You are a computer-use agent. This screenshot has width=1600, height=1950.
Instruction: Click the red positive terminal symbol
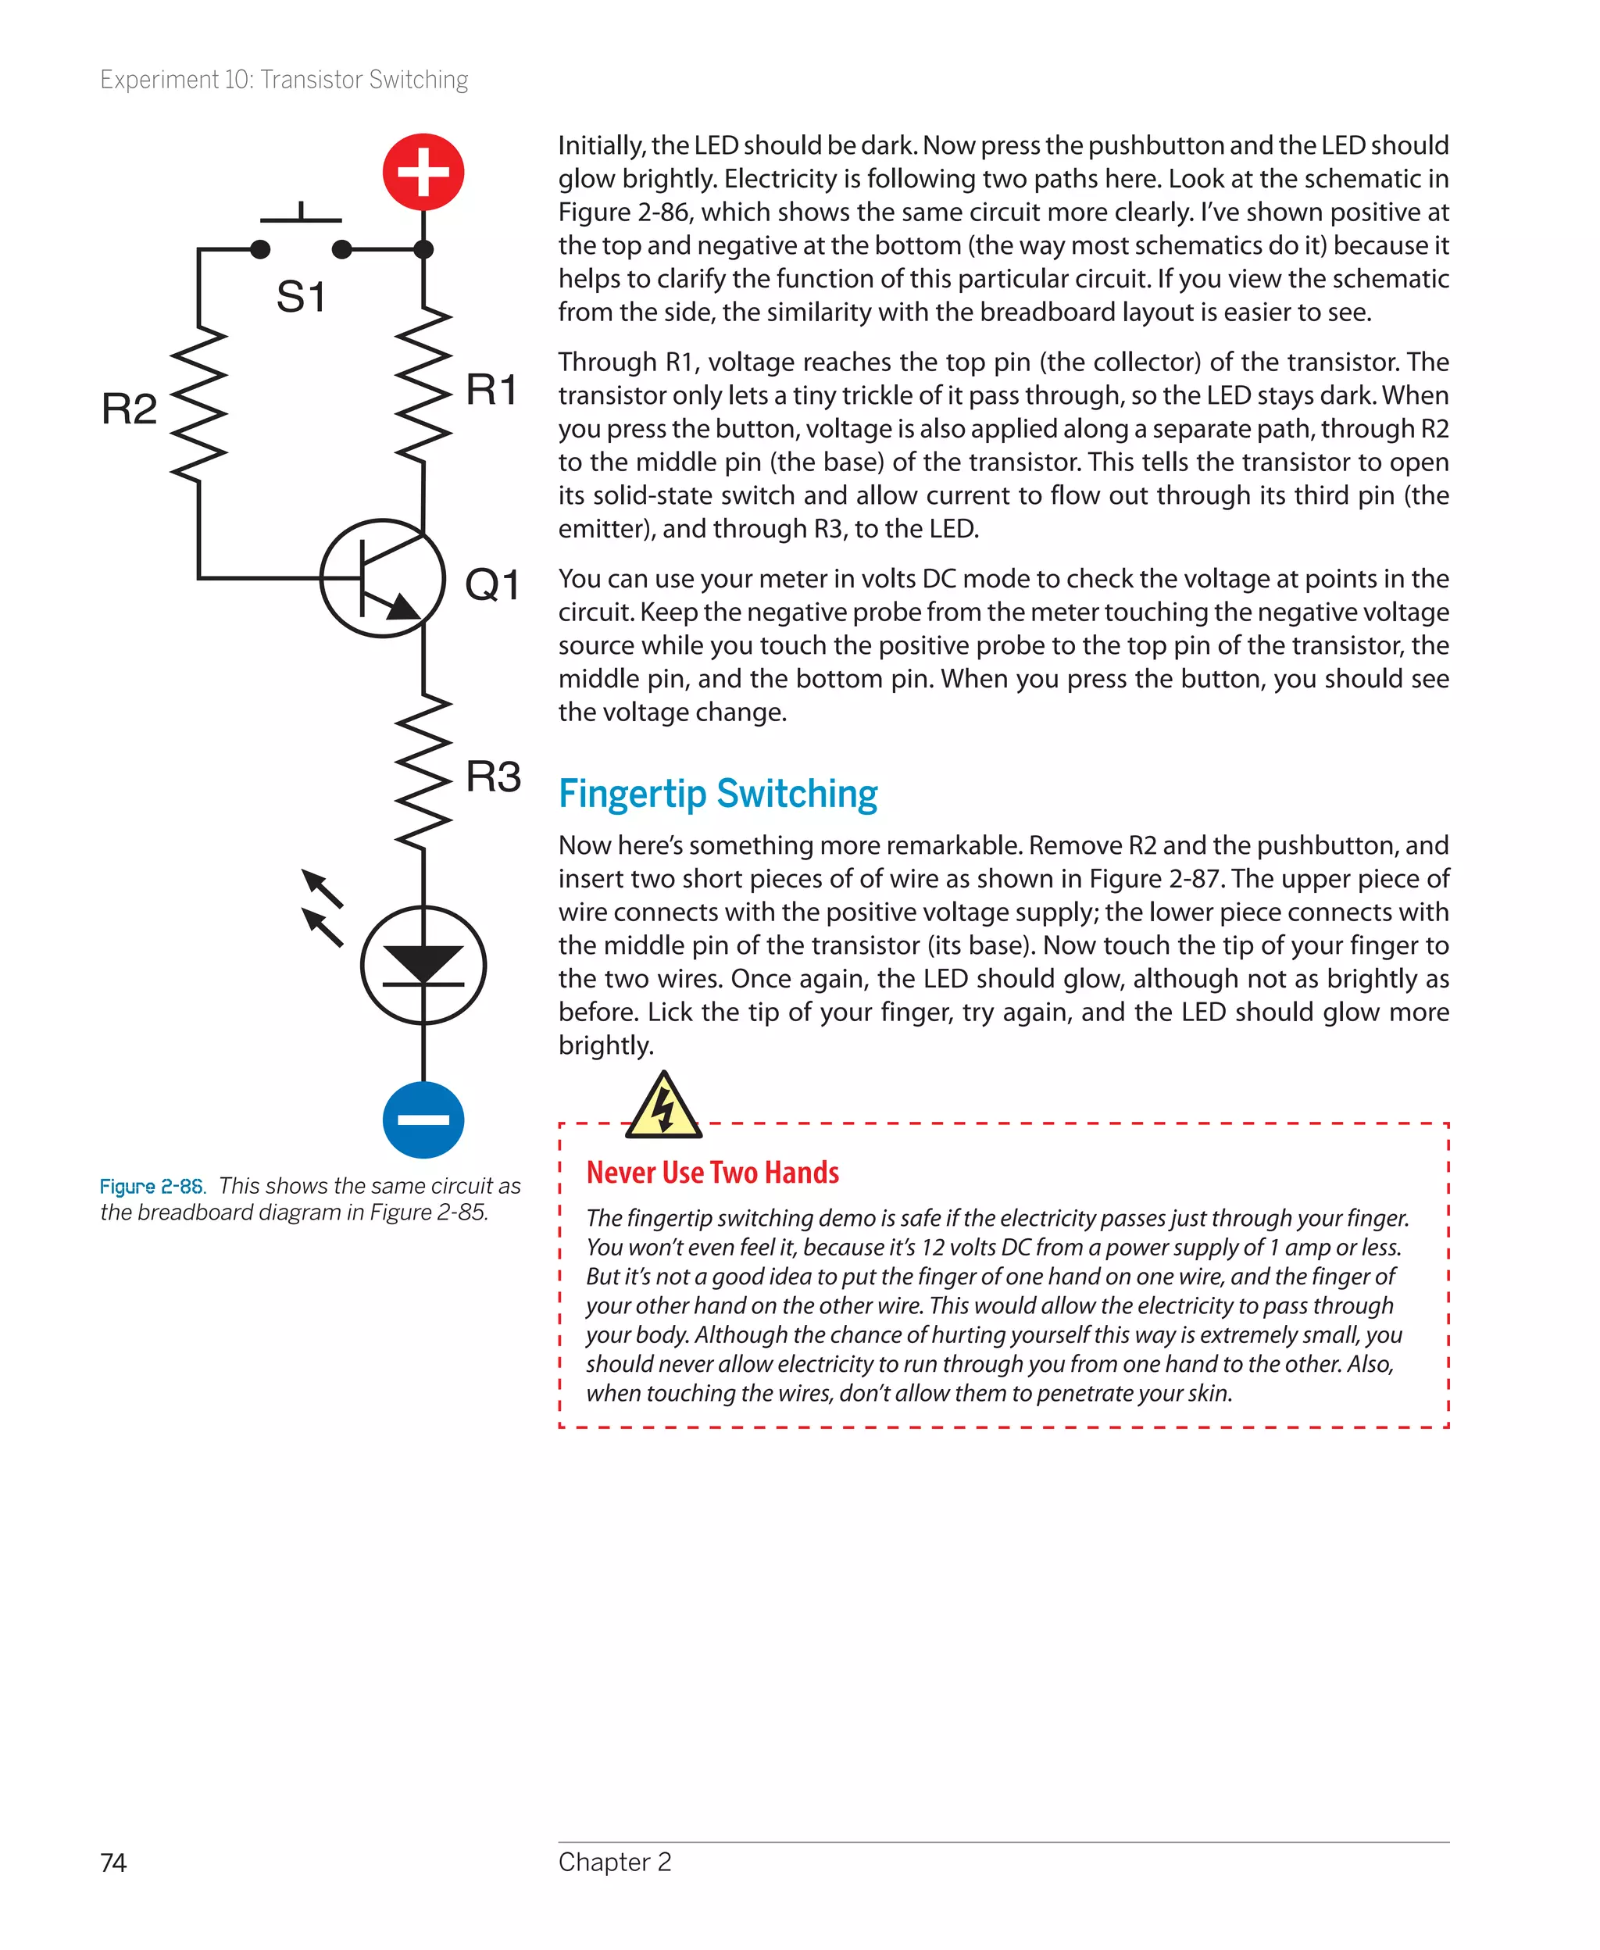423,173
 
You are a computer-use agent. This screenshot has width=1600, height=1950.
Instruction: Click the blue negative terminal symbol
423,1120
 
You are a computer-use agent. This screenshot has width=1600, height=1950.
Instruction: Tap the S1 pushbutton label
301,297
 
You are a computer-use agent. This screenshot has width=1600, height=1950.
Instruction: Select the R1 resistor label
491,389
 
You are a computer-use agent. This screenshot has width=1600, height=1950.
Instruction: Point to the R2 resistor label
129,409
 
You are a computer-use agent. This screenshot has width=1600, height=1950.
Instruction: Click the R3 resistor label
493,776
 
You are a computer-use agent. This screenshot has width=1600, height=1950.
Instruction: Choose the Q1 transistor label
492,584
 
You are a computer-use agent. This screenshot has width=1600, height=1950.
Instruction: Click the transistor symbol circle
383,578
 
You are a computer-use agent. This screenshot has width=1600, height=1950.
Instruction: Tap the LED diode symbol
423,965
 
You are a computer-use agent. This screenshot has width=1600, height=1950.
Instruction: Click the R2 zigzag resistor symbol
199,402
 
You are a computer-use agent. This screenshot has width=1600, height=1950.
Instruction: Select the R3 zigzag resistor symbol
423,772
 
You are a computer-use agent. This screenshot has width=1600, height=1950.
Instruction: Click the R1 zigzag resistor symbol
423,385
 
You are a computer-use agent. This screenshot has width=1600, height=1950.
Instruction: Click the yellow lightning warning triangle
662,1107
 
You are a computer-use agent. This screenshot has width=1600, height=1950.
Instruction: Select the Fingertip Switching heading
718,794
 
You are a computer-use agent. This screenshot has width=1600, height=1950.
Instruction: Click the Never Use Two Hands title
712,1172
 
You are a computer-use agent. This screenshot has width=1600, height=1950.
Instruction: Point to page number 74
113,1862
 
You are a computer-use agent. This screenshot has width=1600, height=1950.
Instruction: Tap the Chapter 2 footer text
615,1862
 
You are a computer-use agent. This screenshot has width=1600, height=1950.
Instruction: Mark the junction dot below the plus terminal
423,248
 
